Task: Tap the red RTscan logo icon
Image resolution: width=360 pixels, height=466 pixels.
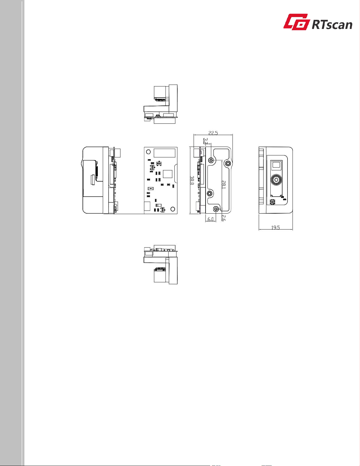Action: pyautogui.click(x=297, y=22)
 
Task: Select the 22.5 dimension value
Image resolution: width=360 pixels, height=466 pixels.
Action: pyautogui.click(x=213, y=133)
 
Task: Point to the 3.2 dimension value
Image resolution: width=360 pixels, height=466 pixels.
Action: pyautogui.click(x=205, y=141)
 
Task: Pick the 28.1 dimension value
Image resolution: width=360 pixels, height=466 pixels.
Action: pyautogui.click(x=223, y=185)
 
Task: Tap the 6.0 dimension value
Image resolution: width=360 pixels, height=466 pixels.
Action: pyautogui.click(x=211, y=219)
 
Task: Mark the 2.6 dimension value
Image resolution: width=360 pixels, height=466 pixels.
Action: pyautogui.click(x=223, y=218)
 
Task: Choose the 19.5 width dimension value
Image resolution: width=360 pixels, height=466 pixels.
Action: pyautogui.click(x=275, y=227)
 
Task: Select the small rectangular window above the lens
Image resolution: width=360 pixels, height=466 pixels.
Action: pyautogui.click(x=276, y=166)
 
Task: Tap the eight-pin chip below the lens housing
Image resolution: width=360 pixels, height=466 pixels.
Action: pyautogui.click(x=273, y=202)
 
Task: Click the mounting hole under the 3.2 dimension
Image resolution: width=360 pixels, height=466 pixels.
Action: pyautogui.click(x=211, y=160)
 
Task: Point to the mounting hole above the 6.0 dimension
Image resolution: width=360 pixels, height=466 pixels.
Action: pyautogui.click(x=216, y=209)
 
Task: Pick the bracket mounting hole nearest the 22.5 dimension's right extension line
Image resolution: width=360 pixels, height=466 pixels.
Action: pyautogui.click(x=228, y=164)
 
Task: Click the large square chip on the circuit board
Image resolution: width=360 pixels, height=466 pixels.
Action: pyautogui.click(x=168, y=174)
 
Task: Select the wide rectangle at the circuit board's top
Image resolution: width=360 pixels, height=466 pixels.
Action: pyautogui.click(x=164, y=153)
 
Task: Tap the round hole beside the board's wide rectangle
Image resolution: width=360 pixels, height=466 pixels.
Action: pyautogui.click(x=148, y=152)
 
